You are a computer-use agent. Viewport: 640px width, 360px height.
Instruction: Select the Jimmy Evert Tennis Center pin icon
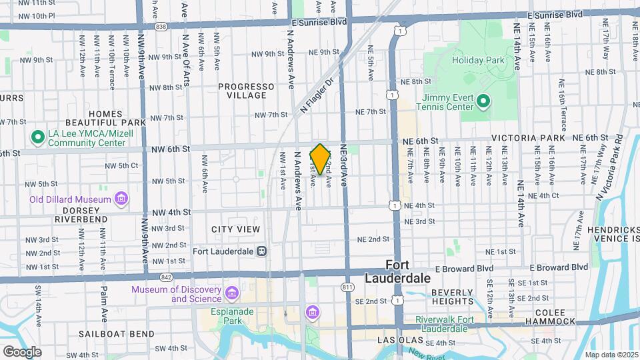pos(484,102)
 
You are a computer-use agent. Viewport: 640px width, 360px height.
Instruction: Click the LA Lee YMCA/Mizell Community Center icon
pos(38,138)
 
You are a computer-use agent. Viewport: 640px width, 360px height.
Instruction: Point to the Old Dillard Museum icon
pos(121,199)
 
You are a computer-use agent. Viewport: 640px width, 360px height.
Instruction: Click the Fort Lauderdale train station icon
pos(262,251)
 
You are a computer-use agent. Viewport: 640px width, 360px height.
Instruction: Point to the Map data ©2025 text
pos(611,355)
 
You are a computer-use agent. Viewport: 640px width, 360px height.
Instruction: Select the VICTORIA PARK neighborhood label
pos(524,138)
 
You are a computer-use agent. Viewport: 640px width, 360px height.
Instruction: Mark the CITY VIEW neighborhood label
pos(235,229)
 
